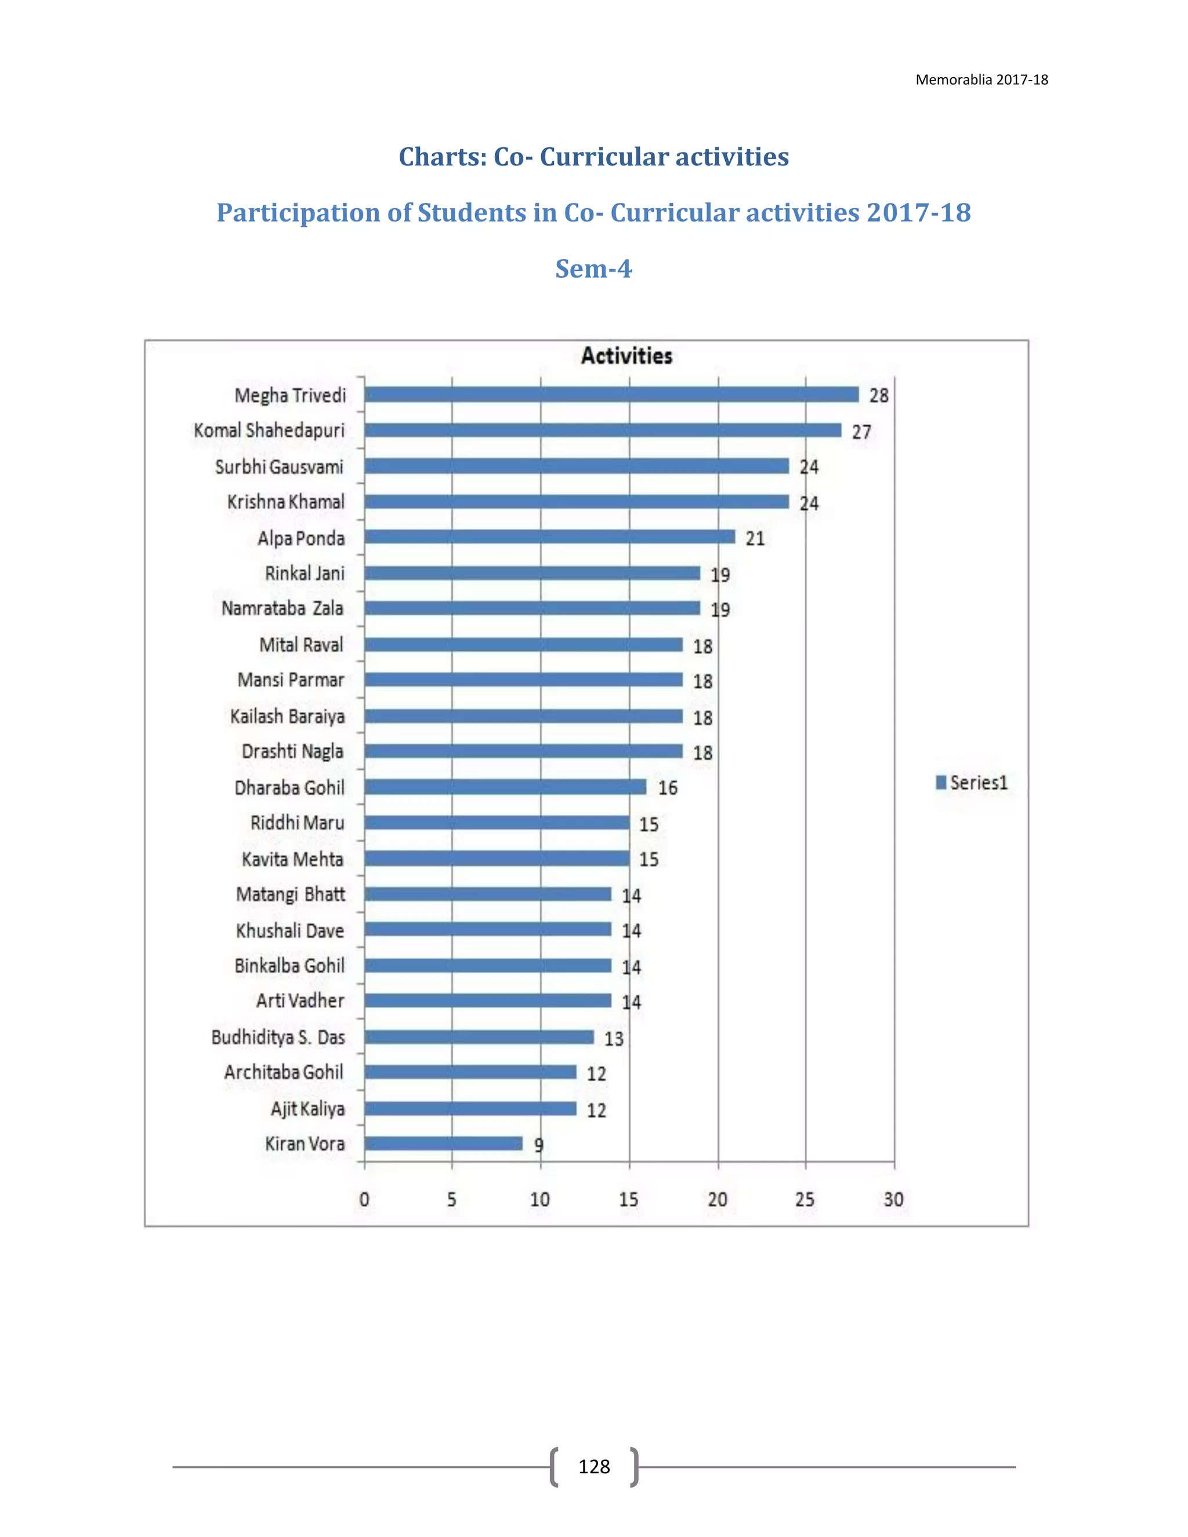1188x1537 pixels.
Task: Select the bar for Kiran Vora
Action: [443, 1144]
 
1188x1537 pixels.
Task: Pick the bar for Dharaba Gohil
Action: [505, 787]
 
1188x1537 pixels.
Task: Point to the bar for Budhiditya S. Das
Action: [479, 1036]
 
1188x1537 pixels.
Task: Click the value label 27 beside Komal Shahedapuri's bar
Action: [861, 432]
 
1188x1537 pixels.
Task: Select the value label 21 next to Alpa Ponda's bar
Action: [755, 538]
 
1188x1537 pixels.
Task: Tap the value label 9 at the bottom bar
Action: [538, 1145]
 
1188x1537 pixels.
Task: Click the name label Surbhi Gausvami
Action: [280, 466]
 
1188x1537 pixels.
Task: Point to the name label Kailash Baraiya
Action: [287, 716]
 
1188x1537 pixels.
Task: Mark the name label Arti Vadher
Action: [300, 1000]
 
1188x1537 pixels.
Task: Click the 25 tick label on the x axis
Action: [805, 1199]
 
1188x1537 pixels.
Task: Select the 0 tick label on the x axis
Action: [364, 1199]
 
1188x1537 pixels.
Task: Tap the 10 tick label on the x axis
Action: [540, 1199]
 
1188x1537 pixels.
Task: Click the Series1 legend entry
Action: [972, 782]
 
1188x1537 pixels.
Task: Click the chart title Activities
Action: [626, 356]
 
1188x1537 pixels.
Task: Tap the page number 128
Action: [593, 1467]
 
